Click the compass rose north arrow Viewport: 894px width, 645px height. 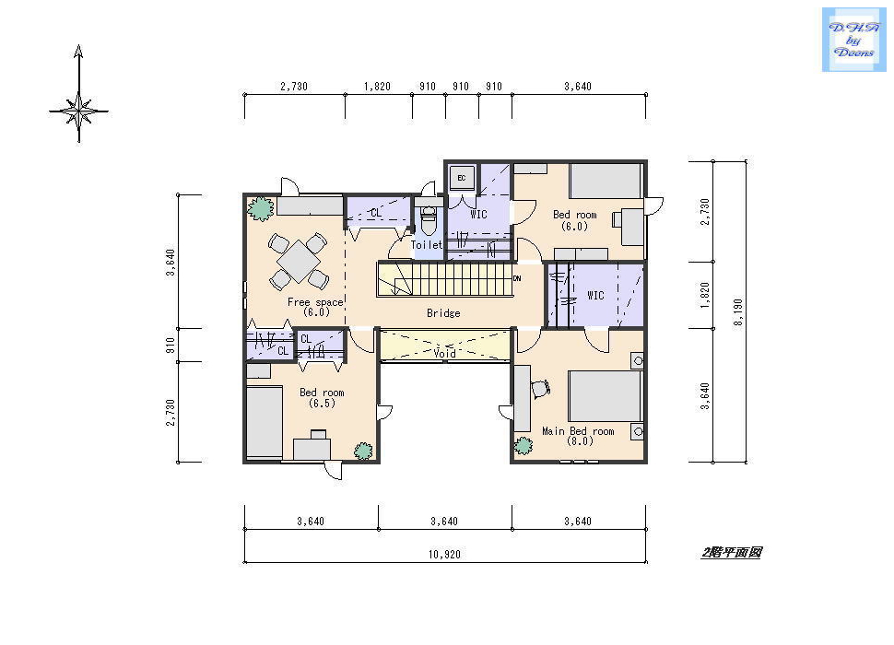(x=78, y=93)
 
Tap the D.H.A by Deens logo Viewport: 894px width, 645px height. (x=853, y=40)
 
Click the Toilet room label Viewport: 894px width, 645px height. (x=427, y=244)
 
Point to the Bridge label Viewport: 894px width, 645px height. (x=443, y=312)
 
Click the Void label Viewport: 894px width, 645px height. (x=445, y=353)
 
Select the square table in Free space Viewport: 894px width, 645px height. (x=299, y=262)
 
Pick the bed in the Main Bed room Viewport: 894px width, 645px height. (x=606, y=396)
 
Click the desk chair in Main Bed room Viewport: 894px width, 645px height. (x=540, y=388)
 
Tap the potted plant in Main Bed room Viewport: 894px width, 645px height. (x=523, y=446)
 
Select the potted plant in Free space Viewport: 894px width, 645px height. (x=260, y=208)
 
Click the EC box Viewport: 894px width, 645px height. (x=461, y=178)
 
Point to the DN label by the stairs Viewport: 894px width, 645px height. (x=517, y=278)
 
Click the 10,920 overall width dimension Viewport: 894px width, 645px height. (x=445, y=554)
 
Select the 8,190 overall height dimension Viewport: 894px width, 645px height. (x=738, y=311)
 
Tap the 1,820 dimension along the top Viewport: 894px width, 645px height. (x=377, y=86)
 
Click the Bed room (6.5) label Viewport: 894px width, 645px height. (x=322, y=398)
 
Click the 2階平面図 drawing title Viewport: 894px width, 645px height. (x=732, y=552)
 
